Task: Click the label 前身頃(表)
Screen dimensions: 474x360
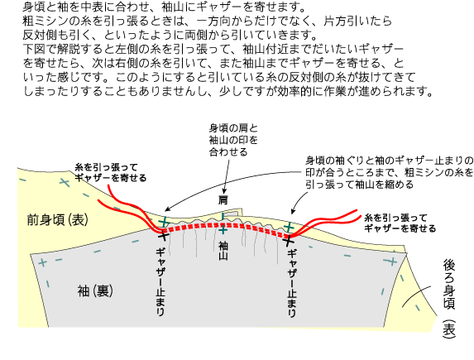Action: click(x=57, y=220)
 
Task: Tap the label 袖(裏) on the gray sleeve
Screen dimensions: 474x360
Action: click(x=95, y=291)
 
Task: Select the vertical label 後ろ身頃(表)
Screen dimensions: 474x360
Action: click(x=449, y=299)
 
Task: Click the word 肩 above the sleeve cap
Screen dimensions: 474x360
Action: click(x=223, y=200)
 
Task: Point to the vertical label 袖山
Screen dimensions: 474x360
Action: click(x=223, y=251)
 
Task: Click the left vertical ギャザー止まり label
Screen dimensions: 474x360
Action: click(x=160, y=281)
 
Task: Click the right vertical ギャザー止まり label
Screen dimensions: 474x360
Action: click(x=292, y=284)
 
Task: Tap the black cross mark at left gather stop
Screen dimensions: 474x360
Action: click(x=163, y=234)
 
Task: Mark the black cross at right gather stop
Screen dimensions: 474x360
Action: click(x=289, y=240)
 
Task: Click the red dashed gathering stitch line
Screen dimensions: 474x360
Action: click(x=223, y=225)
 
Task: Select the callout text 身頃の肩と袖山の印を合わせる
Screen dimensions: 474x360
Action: click(x=233, y=140)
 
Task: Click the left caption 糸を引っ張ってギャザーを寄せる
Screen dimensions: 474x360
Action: click(x=110, y=173)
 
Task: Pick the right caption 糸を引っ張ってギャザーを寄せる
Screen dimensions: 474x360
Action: click(x=400, y=223)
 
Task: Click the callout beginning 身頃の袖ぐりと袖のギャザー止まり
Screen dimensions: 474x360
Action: click(x=390, y=172)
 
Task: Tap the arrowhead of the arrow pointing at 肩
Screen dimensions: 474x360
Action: click(x=224, y=191)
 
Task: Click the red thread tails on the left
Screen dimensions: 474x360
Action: click(x=132, y=209)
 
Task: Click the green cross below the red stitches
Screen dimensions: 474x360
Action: click(x=223, y=231)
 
